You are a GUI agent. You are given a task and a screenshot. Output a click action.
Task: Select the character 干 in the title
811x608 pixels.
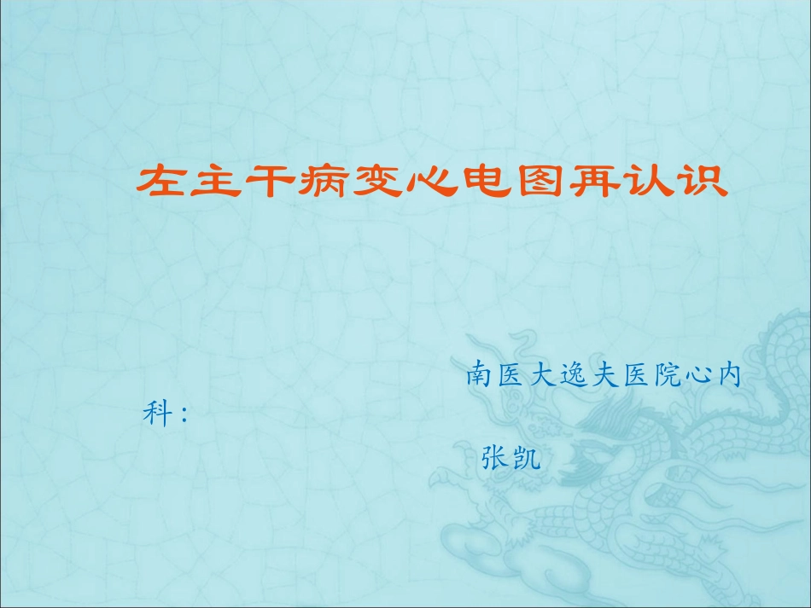pyautogui.click(x=266, y=181)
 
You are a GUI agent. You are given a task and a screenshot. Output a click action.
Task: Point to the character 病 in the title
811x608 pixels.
pyautogui.click(x=320, y=181)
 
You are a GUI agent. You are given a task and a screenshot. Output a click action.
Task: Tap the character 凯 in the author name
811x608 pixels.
pyautogui.click(x=528, y=457)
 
